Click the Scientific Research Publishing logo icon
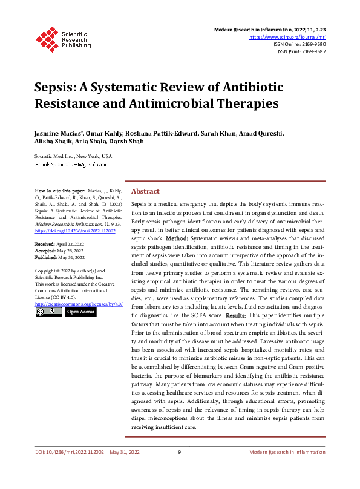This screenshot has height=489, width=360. (x=47, y=37)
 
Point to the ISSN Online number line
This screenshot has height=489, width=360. (x=299, y=44)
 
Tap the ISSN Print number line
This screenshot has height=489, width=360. (x=301, y=51)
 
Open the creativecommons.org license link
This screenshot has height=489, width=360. (x=79, y=304)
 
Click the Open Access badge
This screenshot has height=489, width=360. (x=80, y=312)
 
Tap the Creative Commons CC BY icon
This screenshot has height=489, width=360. (x=48, y=312)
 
